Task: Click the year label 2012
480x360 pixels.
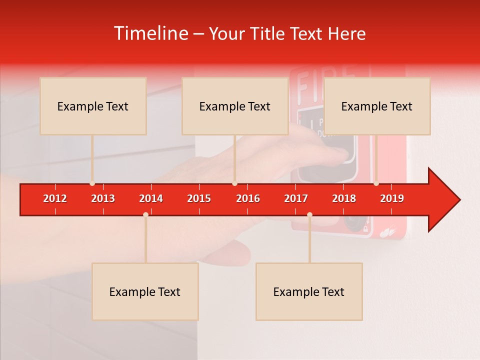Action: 55,198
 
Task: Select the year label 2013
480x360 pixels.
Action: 103,198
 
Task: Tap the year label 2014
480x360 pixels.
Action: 151,198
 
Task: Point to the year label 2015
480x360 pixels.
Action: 199,198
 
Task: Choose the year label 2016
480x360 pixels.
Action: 248,198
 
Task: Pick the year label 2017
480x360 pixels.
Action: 296,198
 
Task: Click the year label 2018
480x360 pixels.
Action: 344,198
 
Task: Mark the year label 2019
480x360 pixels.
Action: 392,198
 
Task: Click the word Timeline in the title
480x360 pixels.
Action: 150,33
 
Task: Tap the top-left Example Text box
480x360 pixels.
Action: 93,106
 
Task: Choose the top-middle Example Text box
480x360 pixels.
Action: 235,106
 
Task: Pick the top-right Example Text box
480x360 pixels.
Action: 377,106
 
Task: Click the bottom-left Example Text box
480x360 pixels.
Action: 145,291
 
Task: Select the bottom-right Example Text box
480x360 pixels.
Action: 309,291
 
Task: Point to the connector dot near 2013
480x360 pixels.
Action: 92,183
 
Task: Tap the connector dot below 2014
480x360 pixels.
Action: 145,214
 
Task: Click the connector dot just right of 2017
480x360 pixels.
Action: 309,214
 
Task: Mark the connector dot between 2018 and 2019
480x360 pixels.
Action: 376,183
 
